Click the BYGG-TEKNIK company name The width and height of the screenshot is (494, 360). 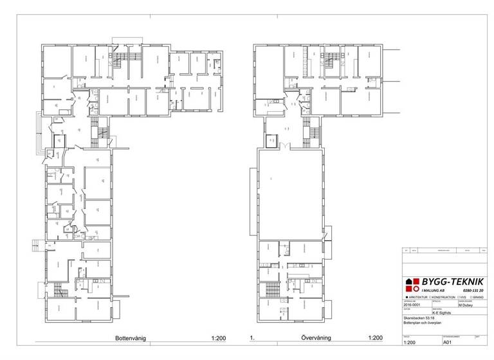[450, 282]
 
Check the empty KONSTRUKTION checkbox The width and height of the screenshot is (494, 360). [429, 298]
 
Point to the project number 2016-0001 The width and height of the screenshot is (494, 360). [411, 306]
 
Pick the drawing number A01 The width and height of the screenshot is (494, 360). [448, 343]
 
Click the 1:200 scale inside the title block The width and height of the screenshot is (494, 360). [410, 343]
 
